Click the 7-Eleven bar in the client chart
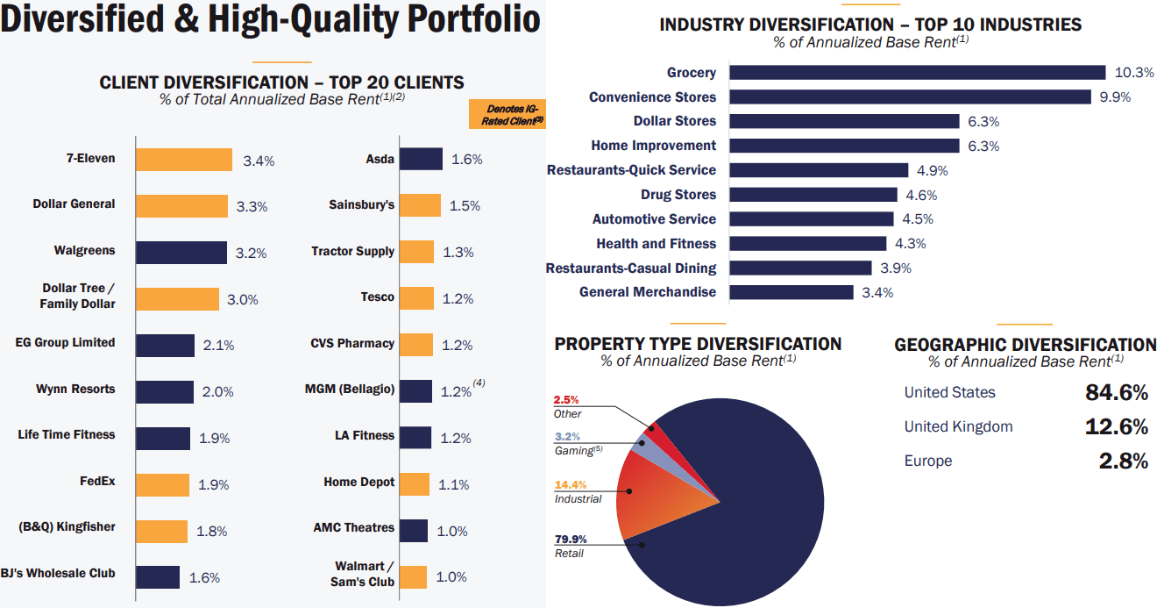pyautogui.click(x=184, y=160)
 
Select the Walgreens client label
pyautogui.click(x=84, y=251)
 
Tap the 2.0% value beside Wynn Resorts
pyautogui.click(x=218, y=392)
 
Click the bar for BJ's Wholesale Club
pyautogui.click(x=158, y=576)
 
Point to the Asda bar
pyautogui.click(x=422, y=159)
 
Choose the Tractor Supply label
pyautogui.click(x=352, y=252)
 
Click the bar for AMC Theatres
pyautogui.click(x=415, y=530)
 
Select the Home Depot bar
pyautogui.click(x=415, y=483)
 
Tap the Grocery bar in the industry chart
pyautogui.click(x=917, y=73)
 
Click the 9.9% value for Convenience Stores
pyautogui.click(x=1115, y=97)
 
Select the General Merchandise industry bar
pyautogui.click(x=791, y=292)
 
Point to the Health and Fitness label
pyautogui.click(x=656, y=244)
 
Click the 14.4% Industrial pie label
pyautogui.click(x=571, y=484)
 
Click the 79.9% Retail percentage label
pyautogui.click(x=571, y=539)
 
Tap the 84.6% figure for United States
pyautogui.click(x=1116, y=392)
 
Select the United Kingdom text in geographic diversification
pyautogui.click(x=958, y=427)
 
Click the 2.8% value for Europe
pyautogui.click(x=1123, y=461)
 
